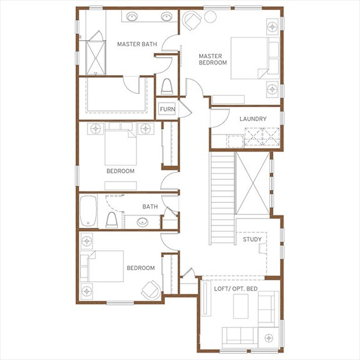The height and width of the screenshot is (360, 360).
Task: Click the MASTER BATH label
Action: tap(137, 44)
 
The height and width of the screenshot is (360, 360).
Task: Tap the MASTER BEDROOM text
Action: tap(213, 59)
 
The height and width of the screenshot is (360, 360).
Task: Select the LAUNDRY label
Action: tap(253, 119)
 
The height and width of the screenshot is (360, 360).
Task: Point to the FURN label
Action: tap(167, 110)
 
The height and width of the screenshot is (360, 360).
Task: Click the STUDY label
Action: tap(252, 239)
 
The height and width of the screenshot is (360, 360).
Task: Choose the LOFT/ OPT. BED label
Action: tap(236, 289)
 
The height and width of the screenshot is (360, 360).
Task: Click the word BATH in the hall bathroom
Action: tap(150, 207)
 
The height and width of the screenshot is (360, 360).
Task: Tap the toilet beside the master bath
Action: tap(167, 86)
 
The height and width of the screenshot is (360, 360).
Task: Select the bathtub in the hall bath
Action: tap(88, 211)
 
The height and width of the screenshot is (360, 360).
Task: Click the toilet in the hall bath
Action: tap(111, 220)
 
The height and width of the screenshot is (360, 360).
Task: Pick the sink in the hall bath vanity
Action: tap(142, 222)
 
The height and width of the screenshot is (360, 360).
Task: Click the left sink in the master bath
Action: tap(131, 16)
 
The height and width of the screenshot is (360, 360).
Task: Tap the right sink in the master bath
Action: tap(167, 16)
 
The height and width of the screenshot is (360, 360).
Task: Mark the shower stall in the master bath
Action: tap(96, 58)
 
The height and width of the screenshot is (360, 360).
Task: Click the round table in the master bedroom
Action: tap(210, 17)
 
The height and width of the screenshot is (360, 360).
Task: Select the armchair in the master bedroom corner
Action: tap(192, 21)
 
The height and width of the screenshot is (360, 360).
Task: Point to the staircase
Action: tap(222, 198)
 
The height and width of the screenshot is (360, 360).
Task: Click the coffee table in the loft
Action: tap(240, 306)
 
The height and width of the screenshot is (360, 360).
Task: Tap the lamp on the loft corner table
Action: tap(269, 337)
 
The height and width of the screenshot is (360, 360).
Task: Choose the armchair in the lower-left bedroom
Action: tap(151, 291)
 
